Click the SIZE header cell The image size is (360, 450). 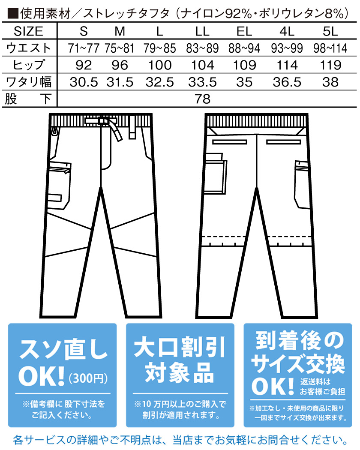[29, 31]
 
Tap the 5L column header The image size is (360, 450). [330, 31]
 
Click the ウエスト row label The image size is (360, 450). [29, 48]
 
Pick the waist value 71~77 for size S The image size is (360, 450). [84, 48]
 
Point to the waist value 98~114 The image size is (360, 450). [330, 48]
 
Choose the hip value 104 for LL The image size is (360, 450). [203, 65]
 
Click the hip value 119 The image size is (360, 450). [330, 65]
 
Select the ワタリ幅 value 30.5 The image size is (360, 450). [84, 82]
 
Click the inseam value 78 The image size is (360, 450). [203, 99]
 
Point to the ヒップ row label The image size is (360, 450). [29, 65]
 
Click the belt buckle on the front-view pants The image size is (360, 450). [103, 121]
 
